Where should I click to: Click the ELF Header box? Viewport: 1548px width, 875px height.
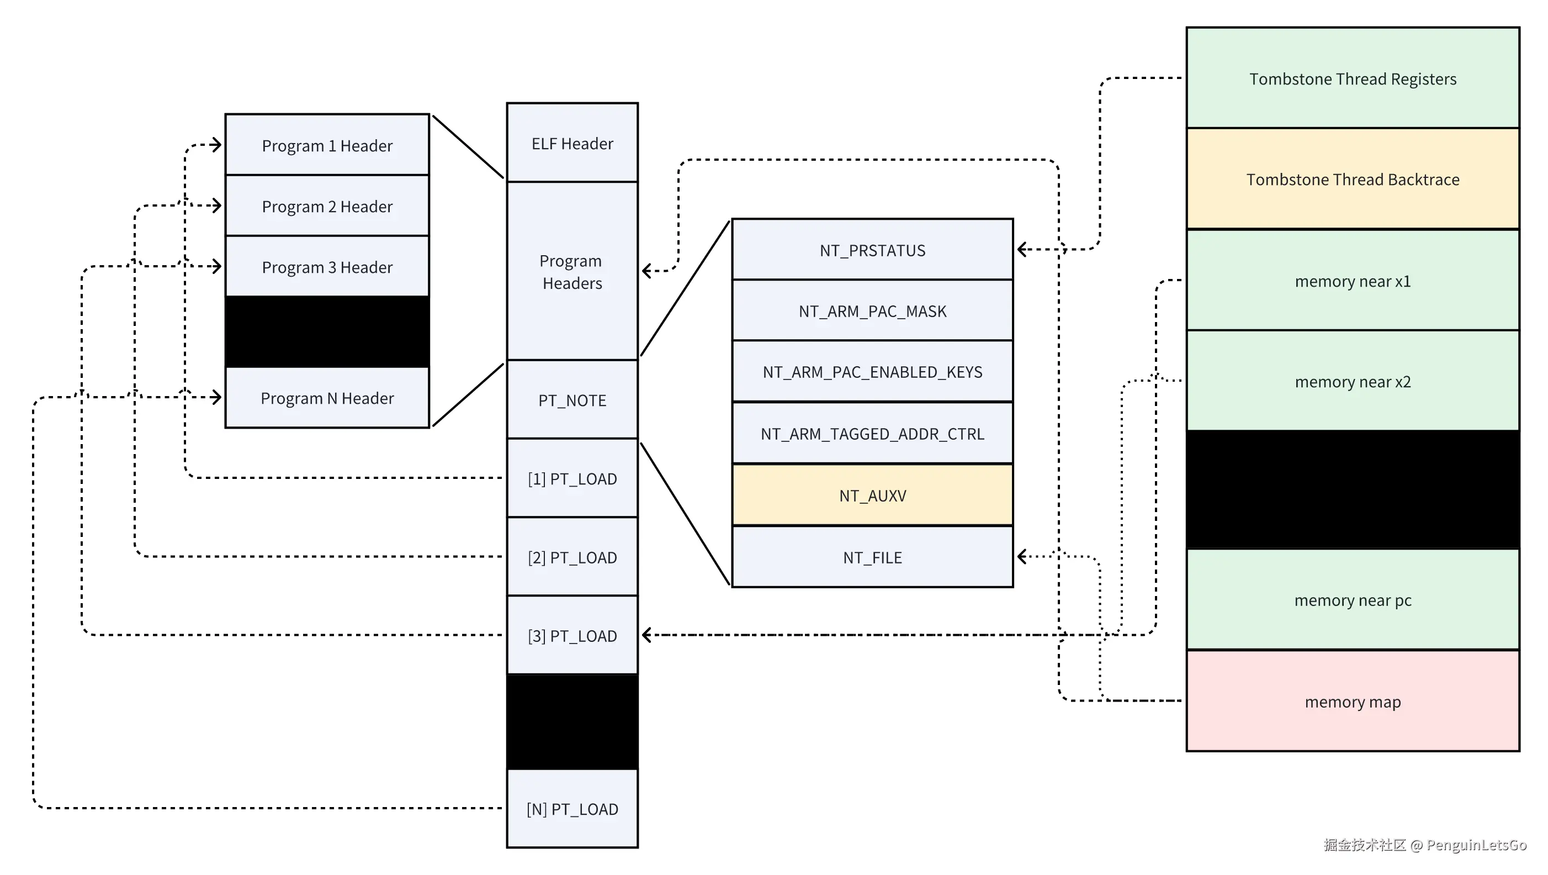572,143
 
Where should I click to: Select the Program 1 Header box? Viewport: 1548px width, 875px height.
327,145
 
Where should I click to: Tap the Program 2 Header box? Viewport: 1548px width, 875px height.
327,206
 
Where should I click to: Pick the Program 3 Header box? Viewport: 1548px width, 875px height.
327,267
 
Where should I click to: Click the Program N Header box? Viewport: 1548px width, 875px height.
327,398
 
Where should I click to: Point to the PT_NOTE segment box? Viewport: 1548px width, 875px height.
572,400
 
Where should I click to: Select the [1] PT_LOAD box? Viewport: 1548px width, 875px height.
572,479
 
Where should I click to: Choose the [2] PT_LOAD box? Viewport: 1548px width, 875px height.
572,557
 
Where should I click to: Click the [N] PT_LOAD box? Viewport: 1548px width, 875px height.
572,809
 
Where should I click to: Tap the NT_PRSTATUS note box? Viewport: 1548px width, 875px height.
873,250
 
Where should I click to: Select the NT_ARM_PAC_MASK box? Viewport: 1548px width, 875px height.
873,311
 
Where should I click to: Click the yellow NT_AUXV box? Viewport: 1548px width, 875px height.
873,496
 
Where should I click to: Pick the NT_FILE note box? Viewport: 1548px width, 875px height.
873,557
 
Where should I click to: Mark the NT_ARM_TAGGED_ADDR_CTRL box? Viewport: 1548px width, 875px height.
873,434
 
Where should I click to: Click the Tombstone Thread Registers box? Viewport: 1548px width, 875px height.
1353,79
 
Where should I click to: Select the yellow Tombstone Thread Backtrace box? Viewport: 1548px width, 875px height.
1353,179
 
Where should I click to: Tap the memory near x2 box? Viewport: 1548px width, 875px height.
1353,382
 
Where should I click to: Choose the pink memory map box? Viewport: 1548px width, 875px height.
1353,702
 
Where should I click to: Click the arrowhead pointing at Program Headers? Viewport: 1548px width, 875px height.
646,271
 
